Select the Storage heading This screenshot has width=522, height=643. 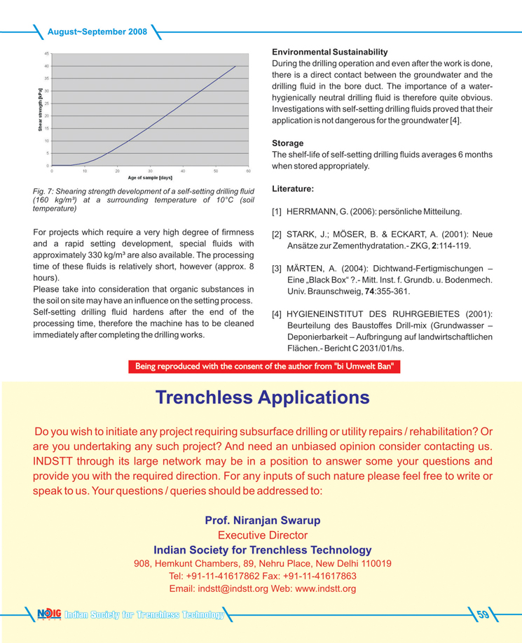point(288,143)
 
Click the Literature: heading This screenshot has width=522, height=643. point(292,188)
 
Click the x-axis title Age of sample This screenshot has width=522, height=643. point(151,178)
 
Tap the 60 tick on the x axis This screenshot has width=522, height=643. point(248,171)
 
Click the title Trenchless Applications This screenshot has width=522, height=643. point(261,397)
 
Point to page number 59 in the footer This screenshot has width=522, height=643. point(483,615)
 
